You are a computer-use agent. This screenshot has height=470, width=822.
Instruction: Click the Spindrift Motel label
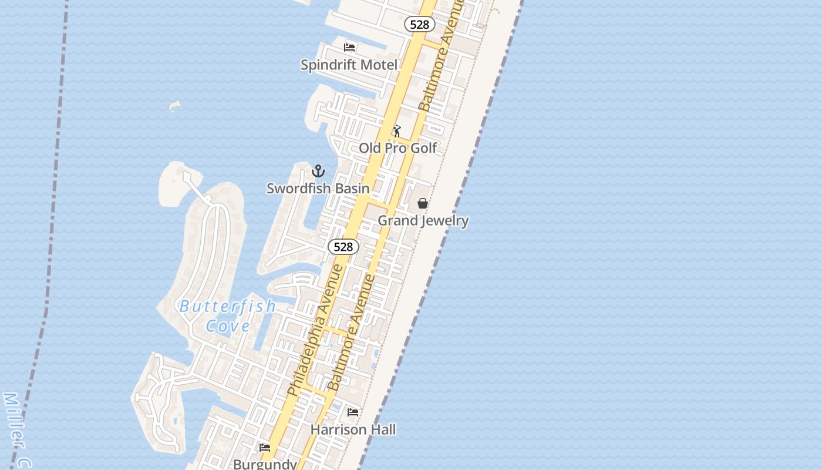click(349, 65)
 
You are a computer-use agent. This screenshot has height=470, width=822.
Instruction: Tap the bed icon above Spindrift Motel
click(350, 47)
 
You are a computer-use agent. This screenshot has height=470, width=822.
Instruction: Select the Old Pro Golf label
click(397, 147)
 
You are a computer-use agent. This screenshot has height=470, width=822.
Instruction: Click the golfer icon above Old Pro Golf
click(397, 130)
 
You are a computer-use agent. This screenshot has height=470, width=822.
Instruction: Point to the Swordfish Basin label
click(318, 188)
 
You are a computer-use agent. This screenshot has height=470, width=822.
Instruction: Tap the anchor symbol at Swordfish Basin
click(318, 171)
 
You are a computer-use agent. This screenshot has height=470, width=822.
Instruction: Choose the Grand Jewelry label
click(423, 220)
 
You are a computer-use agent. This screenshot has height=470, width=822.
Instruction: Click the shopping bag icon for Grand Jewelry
click(422, 203)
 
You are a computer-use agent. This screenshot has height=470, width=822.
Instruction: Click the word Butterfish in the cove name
click(227, 306)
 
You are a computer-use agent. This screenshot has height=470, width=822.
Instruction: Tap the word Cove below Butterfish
click(228, 325)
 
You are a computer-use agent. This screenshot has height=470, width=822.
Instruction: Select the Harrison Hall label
click(353, 429)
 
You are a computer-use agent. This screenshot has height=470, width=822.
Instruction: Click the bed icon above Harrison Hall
click(353, 412)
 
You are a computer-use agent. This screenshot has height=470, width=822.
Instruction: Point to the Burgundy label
click(265, 464)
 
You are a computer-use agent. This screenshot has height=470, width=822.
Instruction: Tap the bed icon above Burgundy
click(265, 448)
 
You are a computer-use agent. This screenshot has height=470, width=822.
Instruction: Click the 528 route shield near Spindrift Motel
click(419, 24)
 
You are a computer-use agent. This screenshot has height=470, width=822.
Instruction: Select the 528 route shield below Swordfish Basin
click(343, 247)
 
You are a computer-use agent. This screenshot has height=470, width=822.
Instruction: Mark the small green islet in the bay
click(174, 106)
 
